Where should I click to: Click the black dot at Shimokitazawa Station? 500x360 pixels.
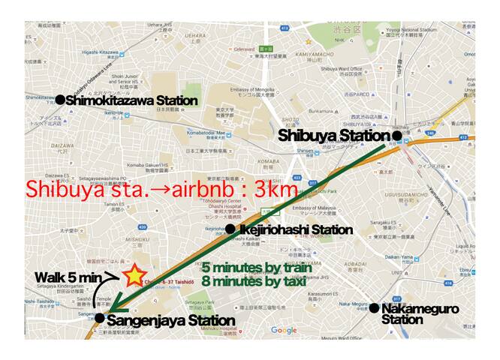coord(60,99)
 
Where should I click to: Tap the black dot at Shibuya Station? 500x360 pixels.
coord(396,136)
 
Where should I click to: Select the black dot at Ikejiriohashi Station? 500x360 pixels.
coord(230,228)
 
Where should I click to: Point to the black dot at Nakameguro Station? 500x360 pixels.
coord(373,307)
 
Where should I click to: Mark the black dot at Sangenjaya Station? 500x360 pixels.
coord(100,318)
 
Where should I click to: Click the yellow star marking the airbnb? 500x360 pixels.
coord(134,275)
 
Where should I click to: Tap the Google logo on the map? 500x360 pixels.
coord(284,330)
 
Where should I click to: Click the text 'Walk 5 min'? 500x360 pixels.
coord(68,278)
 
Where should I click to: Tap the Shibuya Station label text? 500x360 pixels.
coord(334,136)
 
